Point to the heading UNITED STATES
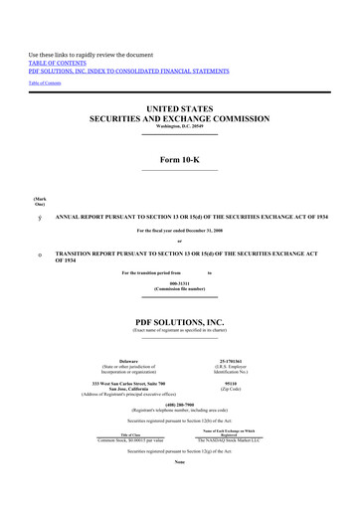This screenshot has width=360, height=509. (179, 107)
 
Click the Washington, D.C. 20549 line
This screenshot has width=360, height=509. (179, 127)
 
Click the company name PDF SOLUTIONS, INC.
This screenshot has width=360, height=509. (179, 323)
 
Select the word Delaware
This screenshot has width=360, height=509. (128, 360)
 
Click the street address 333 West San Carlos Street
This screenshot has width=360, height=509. (128, 382)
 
